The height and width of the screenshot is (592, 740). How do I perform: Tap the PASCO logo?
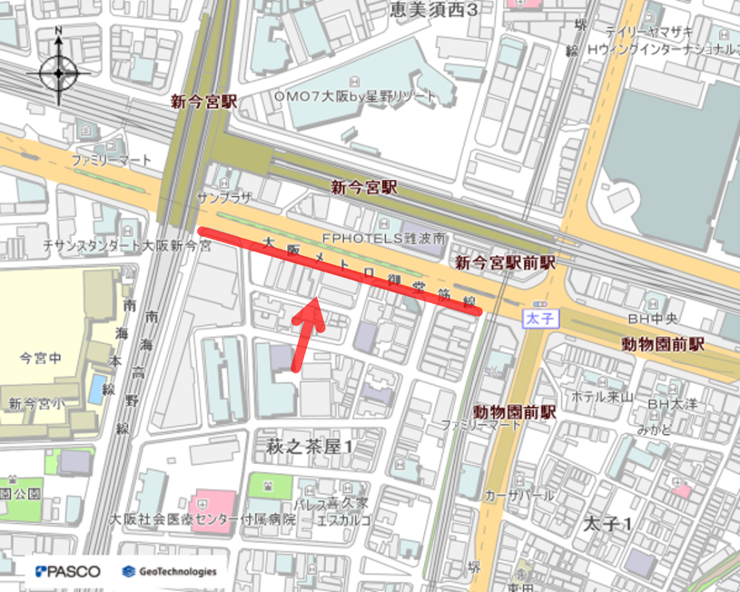click(68, 571)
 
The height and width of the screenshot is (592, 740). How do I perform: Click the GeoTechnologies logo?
click(170, 571)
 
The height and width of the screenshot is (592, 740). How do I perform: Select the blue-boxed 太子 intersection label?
click(540, 319)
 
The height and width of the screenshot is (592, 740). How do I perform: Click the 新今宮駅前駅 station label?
click(505, 263)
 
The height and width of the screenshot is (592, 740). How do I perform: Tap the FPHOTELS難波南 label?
click(384, 239)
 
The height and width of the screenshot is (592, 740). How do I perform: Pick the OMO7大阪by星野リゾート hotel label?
click(355, 97)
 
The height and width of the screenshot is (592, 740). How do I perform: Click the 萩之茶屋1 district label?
click(309, 447)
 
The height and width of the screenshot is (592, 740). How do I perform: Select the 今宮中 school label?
click(40, 358)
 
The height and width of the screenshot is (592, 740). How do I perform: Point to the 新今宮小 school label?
click(37, 403)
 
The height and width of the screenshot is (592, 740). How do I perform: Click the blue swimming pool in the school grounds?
click(97, 389)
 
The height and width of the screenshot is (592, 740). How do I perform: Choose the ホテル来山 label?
click(602, 397)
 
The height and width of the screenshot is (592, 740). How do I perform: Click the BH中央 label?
click(652, 319)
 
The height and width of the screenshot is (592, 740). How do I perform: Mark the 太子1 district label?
click(607, 524)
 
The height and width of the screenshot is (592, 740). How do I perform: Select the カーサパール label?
click(519, 495)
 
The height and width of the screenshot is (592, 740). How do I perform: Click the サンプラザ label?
click(224, 198)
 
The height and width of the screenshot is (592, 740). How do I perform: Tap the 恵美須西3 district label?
click(434, 9)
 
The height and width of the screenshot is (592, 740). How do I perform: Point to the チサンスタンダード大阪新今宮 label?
click(127, 245)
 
